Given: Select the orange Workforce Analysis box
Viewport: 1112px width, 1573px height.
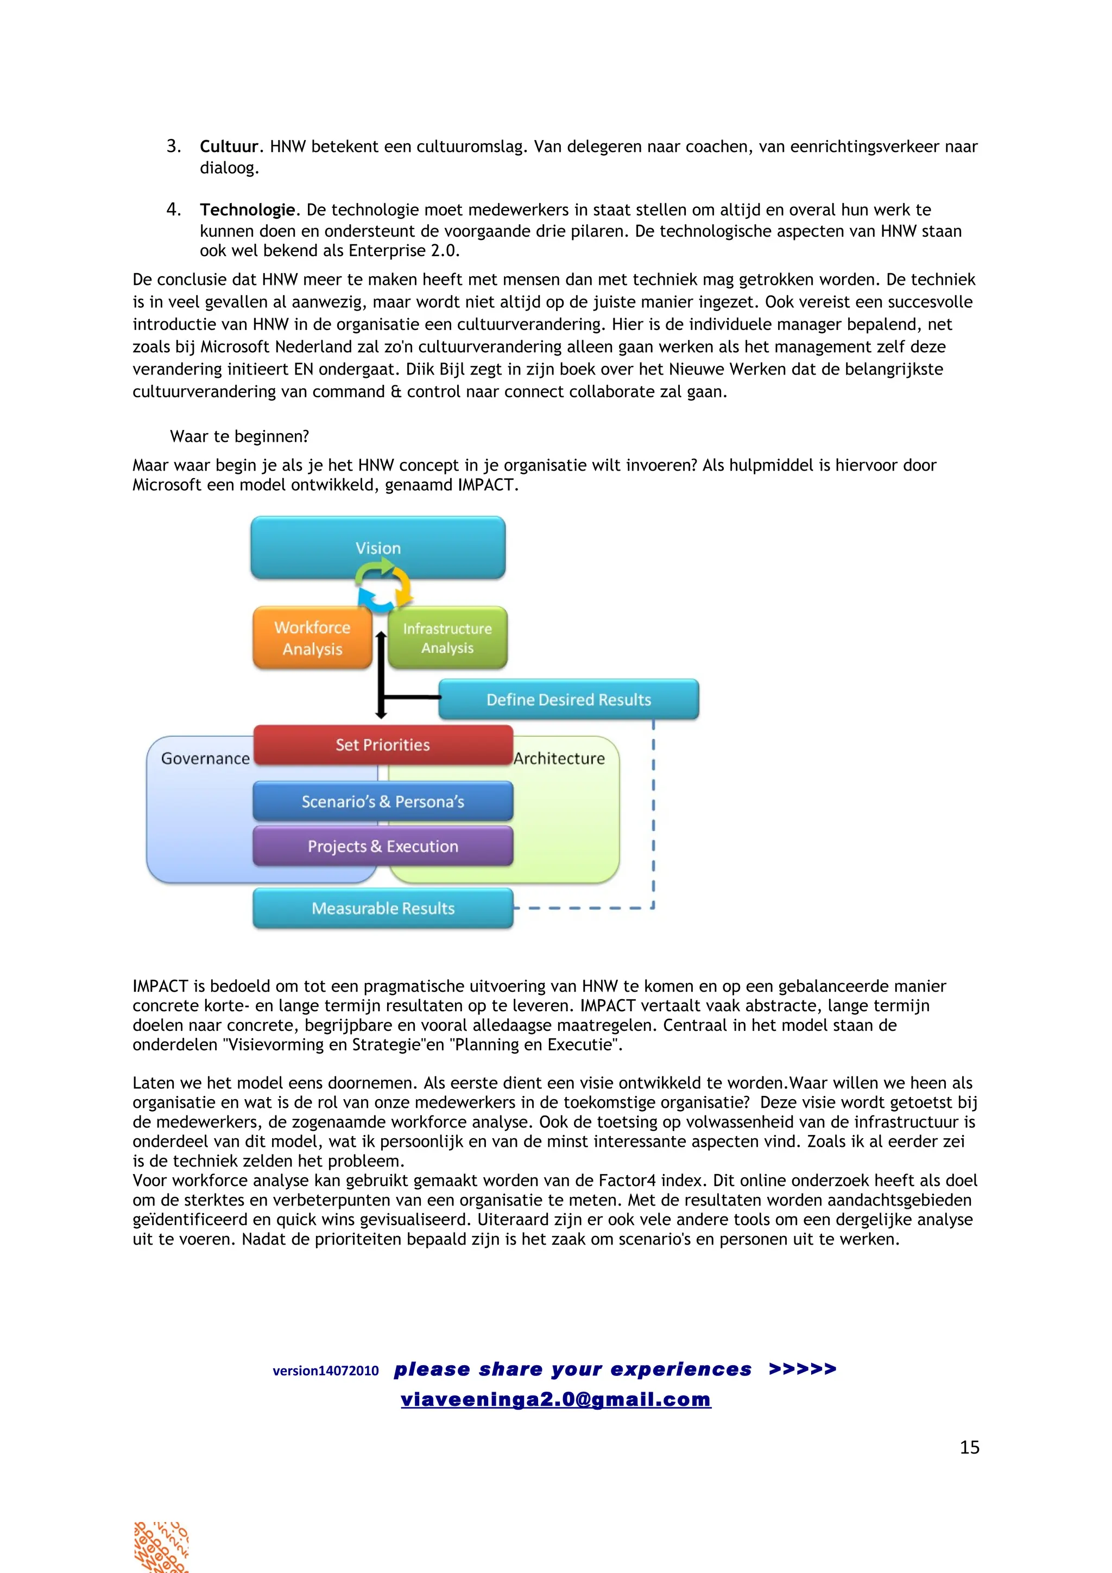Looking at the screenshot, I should point(312,638).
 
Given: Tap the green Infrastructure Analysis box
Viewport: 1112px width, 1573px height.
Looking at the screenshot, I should point(447,638).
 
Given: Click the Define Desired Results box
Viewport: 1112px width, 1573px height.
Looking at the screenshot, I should point(568,700).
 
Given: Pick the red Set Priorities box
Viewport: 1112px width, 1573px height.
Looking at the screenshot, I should point(383,745).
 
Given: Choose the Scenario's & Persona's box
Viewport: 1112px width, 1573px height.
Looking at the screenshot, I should point(383,802).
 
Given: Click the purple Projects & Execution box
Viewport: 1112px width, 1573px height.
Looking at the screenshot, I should point(383,846).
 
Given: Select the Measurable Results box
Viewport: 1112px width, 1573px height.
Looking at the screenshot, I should point(383,909).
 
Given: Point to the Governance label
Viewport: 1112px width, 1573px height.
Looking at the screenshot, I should point(205,758).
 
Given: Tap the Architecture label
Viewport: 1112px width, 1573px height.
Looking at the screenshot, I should point(560,758).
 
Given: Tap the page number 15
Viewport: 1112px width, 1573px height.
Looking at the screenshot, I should point(969,1448).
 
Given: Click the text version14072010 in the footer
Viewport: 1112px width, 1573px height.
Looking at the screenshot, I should point(325,1371).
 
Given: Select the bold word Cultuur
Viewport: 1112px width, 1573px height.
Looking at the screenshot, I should point(229,147).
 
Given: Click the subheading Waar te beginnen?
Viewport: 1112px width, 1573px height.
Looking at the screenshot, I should point(239,436).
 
